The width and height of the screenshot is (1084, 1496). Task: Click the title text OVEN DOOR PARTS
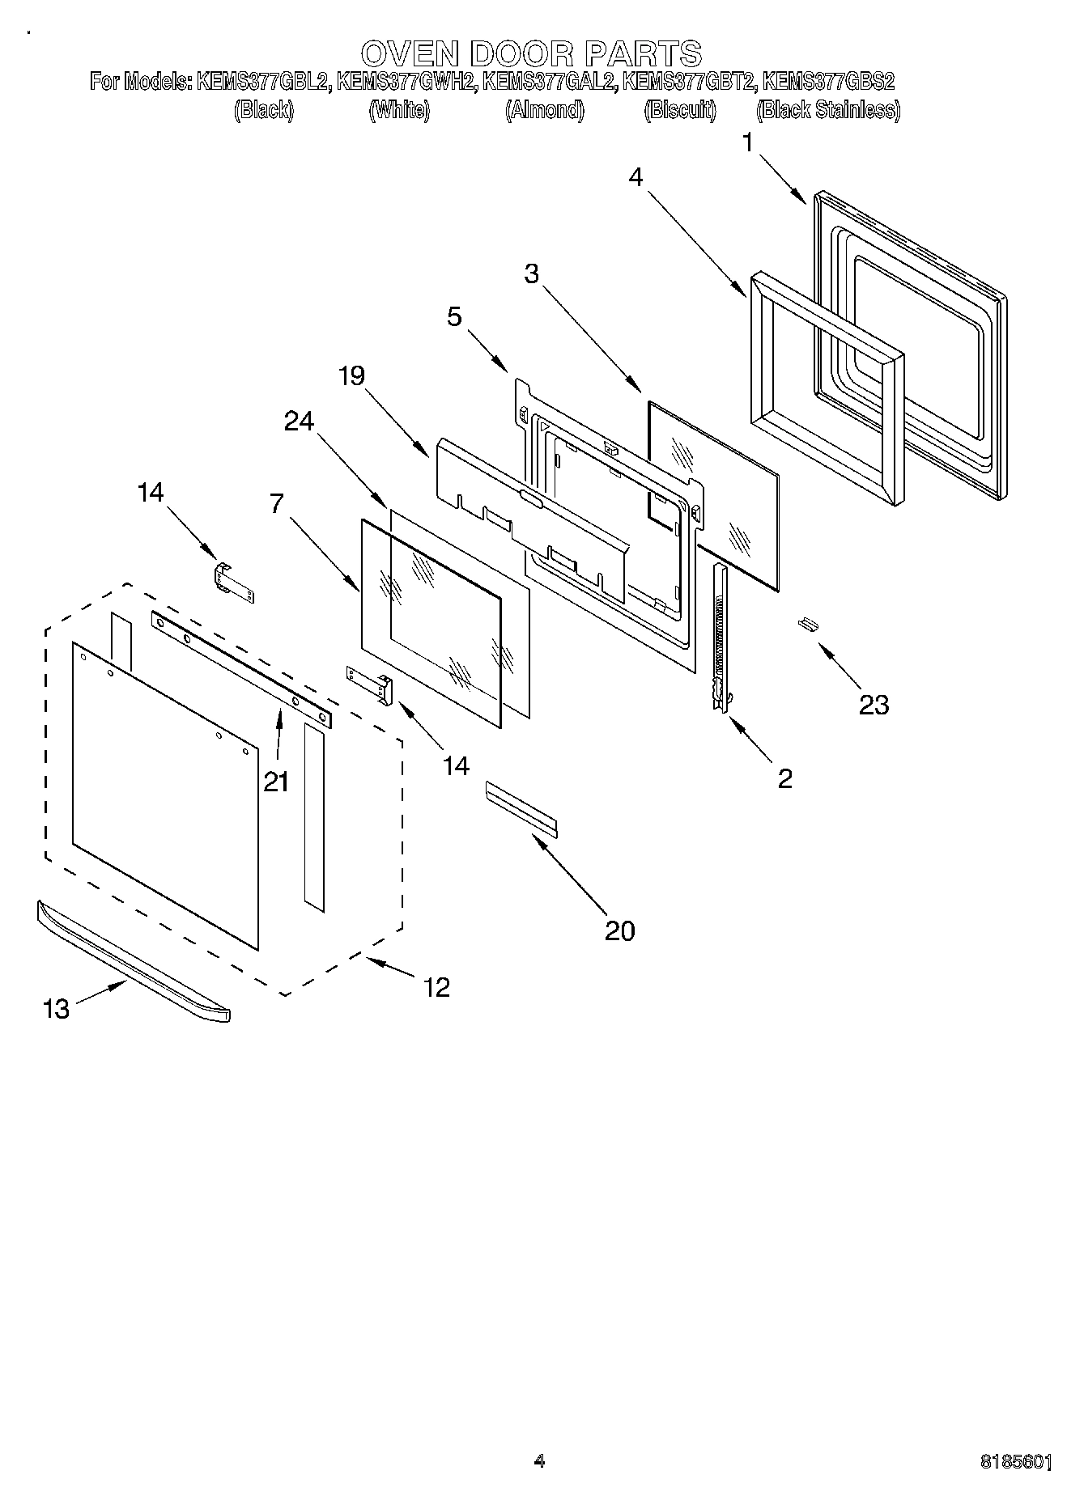coord(531,53)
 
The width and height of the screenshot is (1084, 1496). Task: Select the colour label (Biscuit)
coord(680,110)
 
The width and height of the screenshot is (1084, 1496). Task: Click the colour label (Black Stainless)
coord(827,110)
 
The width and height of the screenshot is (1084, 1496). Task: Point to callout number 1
coord(749,143)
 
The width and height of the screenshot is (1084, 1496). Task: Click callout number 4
coord(636,177)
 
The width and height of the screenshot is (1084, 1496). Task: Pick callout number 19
coord(352,376)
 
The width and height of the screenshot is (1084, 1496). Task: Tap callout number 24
coord(299,421)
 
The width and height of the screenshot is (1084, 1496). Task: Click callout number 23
coord(874,705)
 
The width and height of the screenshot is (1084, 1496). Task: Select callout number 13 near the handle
coord(56,1009)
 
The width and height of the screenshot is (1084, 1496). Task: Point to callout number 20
coord(620,930)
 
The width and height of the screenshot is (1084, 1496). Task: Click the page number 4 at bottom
coord(540,1460)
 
